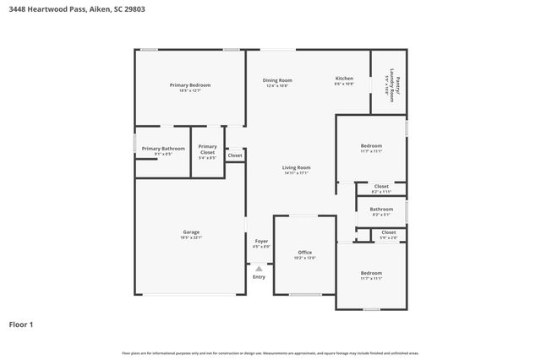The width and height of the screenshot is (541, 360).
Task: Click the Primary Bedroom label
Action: pos(189,85)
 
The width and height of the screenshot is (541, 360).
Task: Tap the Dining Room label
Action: pos(278,80)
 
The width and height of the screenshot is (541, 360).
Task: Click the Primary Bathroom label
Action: pos(162,149)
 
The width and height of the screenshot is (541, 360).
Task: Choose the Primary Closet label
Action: pos(207,150)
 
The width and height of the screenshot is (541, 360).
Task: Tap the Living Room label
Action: pos(296,167)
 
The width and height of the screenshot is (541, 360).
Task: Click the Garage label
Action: pos(191,232)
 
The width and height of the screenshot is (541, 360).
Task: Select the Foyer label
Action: pos(261,242)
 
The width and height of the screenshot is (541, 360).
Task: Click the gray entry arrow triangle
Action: pos(259,269)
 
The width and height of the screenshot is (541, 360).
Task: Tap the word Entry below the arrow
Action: pos(259,277)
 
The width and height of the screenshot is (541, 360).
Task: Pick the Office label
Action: pos(304,252)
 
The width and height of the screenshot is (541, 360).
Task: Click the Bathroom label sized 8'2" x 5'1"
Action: pos(381,209)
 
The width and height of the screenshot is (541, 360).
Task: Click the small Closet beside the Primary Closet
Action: pos(235,155)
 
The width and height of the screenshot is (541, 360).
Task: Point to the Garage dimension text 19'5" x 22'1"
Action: pos(191,238)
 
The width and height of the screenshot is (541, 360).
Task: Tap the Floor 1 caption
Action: pos(22,324)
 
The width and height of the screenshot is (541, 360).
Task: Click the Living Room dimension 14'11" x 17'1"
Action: pos(296,173)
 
